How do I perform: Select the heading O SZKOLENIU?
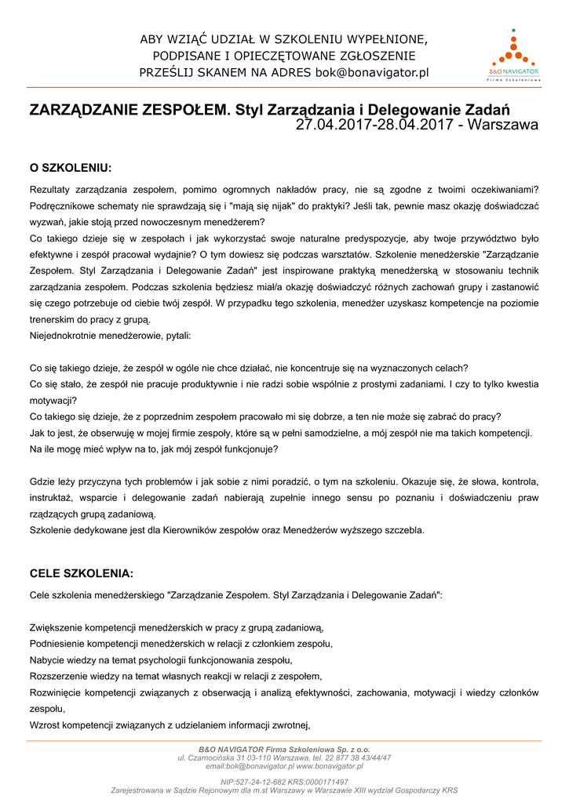(x=71, y=168)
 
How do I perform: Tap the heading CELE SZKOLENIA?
(x=81, y=573)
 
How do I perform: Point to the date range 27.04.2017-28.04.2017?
(x=378, y=125)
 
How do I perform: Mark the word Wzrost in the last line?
(x=45, y=724)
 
